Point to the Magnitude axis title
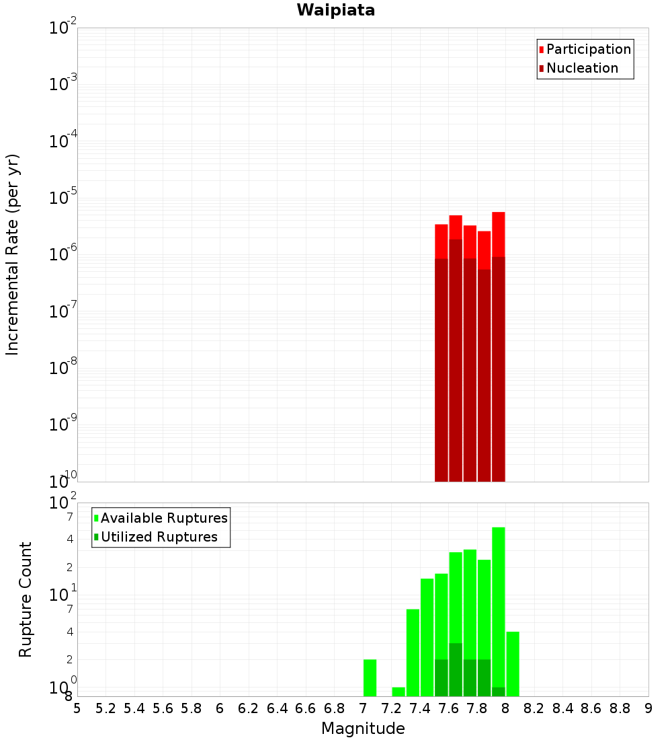tap(363, 729)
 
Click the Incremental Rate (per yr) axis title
tap(13, 254)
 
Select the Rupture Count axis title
tap(26, 599)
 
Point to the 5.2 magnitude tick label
tap(106, 708)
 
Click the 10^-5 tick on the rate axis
tap(63, 198)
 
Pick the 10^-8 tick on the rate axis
tap(63, 369)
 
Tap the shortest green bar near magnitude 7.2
tap(398, 692)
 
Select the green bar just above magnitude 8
tap(513, 664)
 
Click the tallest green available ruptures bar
tap(498, 605)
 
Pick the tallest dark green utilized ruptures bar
tap(456, 669)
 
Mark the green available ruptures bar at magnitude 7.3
tap(413, 653)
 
